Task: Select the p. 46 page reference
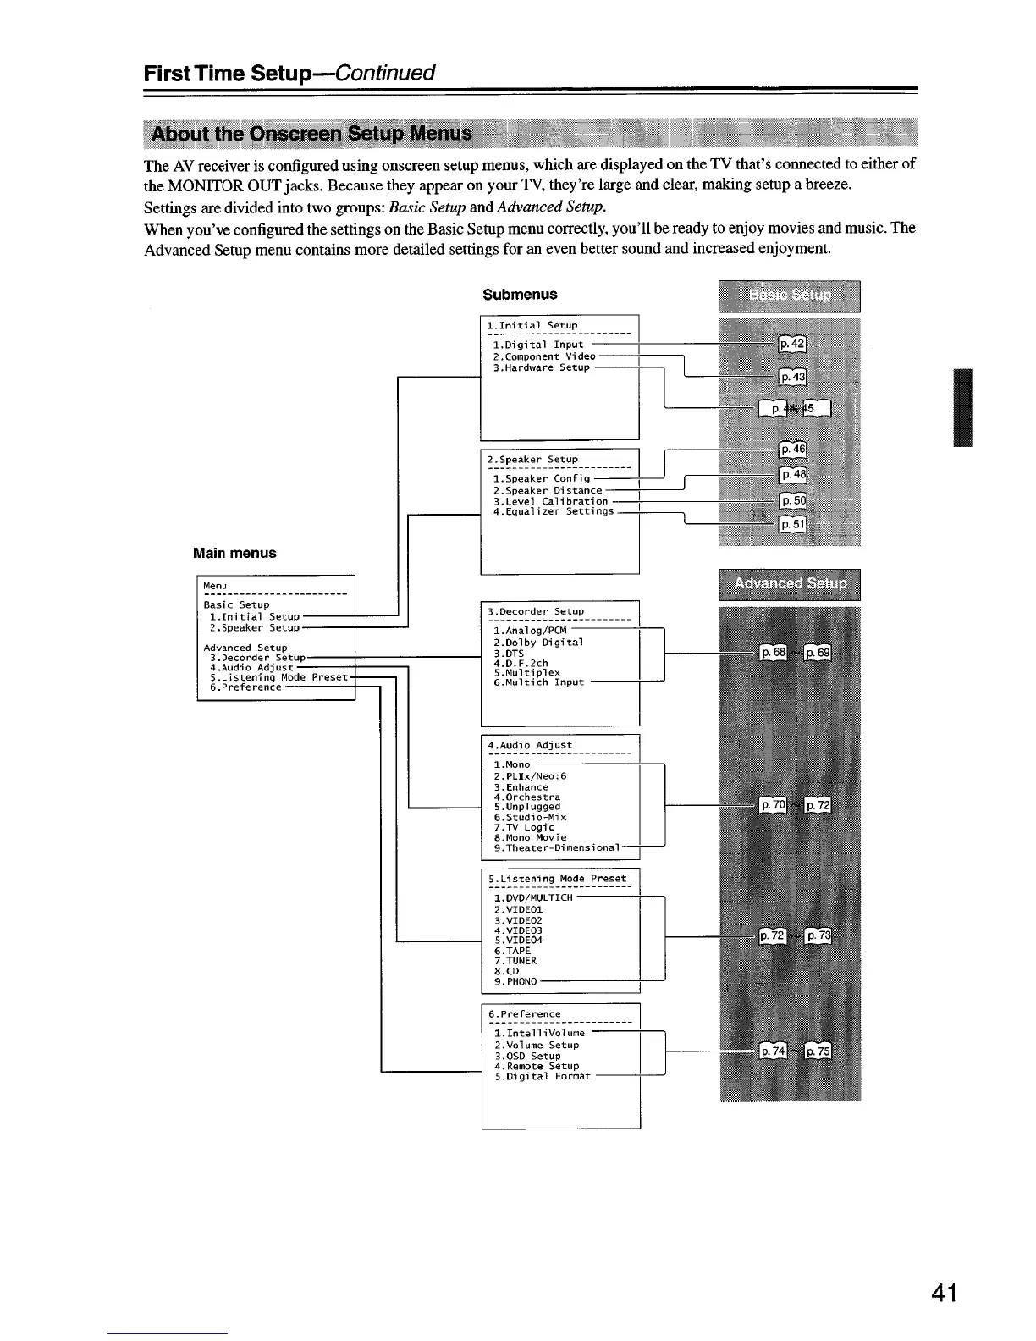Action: click(x=793, y=450)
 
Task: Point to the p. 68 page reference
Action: click(x=774, y=653)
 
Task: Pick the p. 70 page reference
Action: click(x=774, y=805)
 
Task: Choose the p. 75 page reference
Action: click(x=818, y=1051)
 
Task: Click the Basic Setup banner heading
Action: click(x=789, y=295)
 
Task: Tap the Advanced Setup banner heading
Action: click(x=789, y=584)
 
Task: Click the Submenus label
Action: click(x=520, y=295)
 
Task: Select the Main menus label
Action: click(x=234, y=553)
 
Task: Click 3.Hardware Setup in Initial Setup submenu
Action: click(x=541, y=367)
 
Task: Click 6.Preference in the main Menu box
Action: click(x=245, y=687)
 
